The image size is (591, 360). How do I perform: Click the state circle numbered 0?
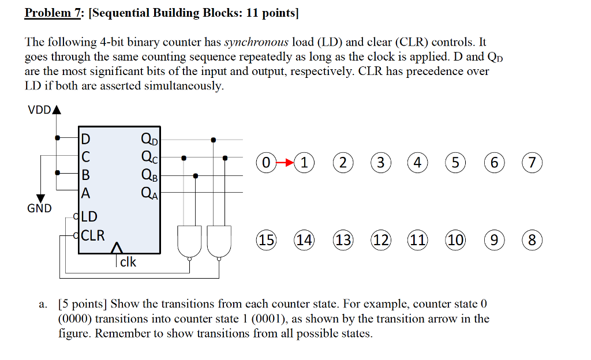tap(265, 163)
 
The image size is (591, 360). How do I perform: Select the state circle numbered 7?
tap(532, 163)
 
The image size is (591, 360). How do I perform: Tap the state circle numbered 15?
tap(266, 239)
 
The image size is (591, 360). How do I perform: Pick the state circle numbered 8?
tap(532, 239)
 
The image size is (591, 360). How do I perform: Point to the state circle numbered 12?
tap(380, 239)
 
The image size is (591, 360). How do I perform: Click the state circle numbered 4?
tap(417, 163)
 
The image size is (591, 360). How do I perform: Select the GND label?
tap(39, 208)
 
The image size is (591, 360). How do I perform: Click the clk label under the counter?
tap(128, 261)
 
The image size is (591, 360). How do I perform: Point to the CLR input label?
tap(93, 235)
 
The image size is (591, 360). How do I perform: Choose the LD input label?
tap(89, 217)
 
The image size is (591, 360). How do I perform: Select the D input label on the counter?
tap(85, 139)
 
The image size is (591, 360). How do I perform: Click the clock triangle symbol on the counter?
tap(117, 248)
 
